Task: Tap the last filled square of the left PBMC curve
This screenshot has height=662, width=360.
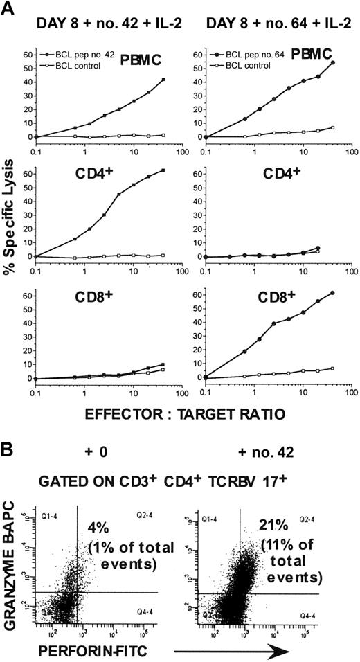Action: [163, 80]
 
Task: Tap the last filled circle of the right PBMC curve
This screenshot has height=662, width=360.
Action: [333, 63]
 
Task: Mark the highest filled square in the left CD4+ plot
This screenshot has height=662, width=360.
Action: [163, 170]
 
